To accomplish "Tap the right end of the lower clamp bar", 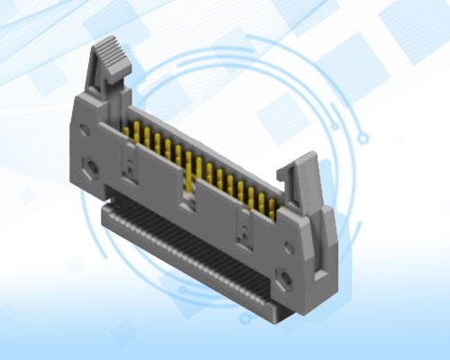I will pyautogui.click(x=270, y=306).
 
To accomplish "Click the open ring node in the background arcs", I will pyautogui.click(x=364, y=136).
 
